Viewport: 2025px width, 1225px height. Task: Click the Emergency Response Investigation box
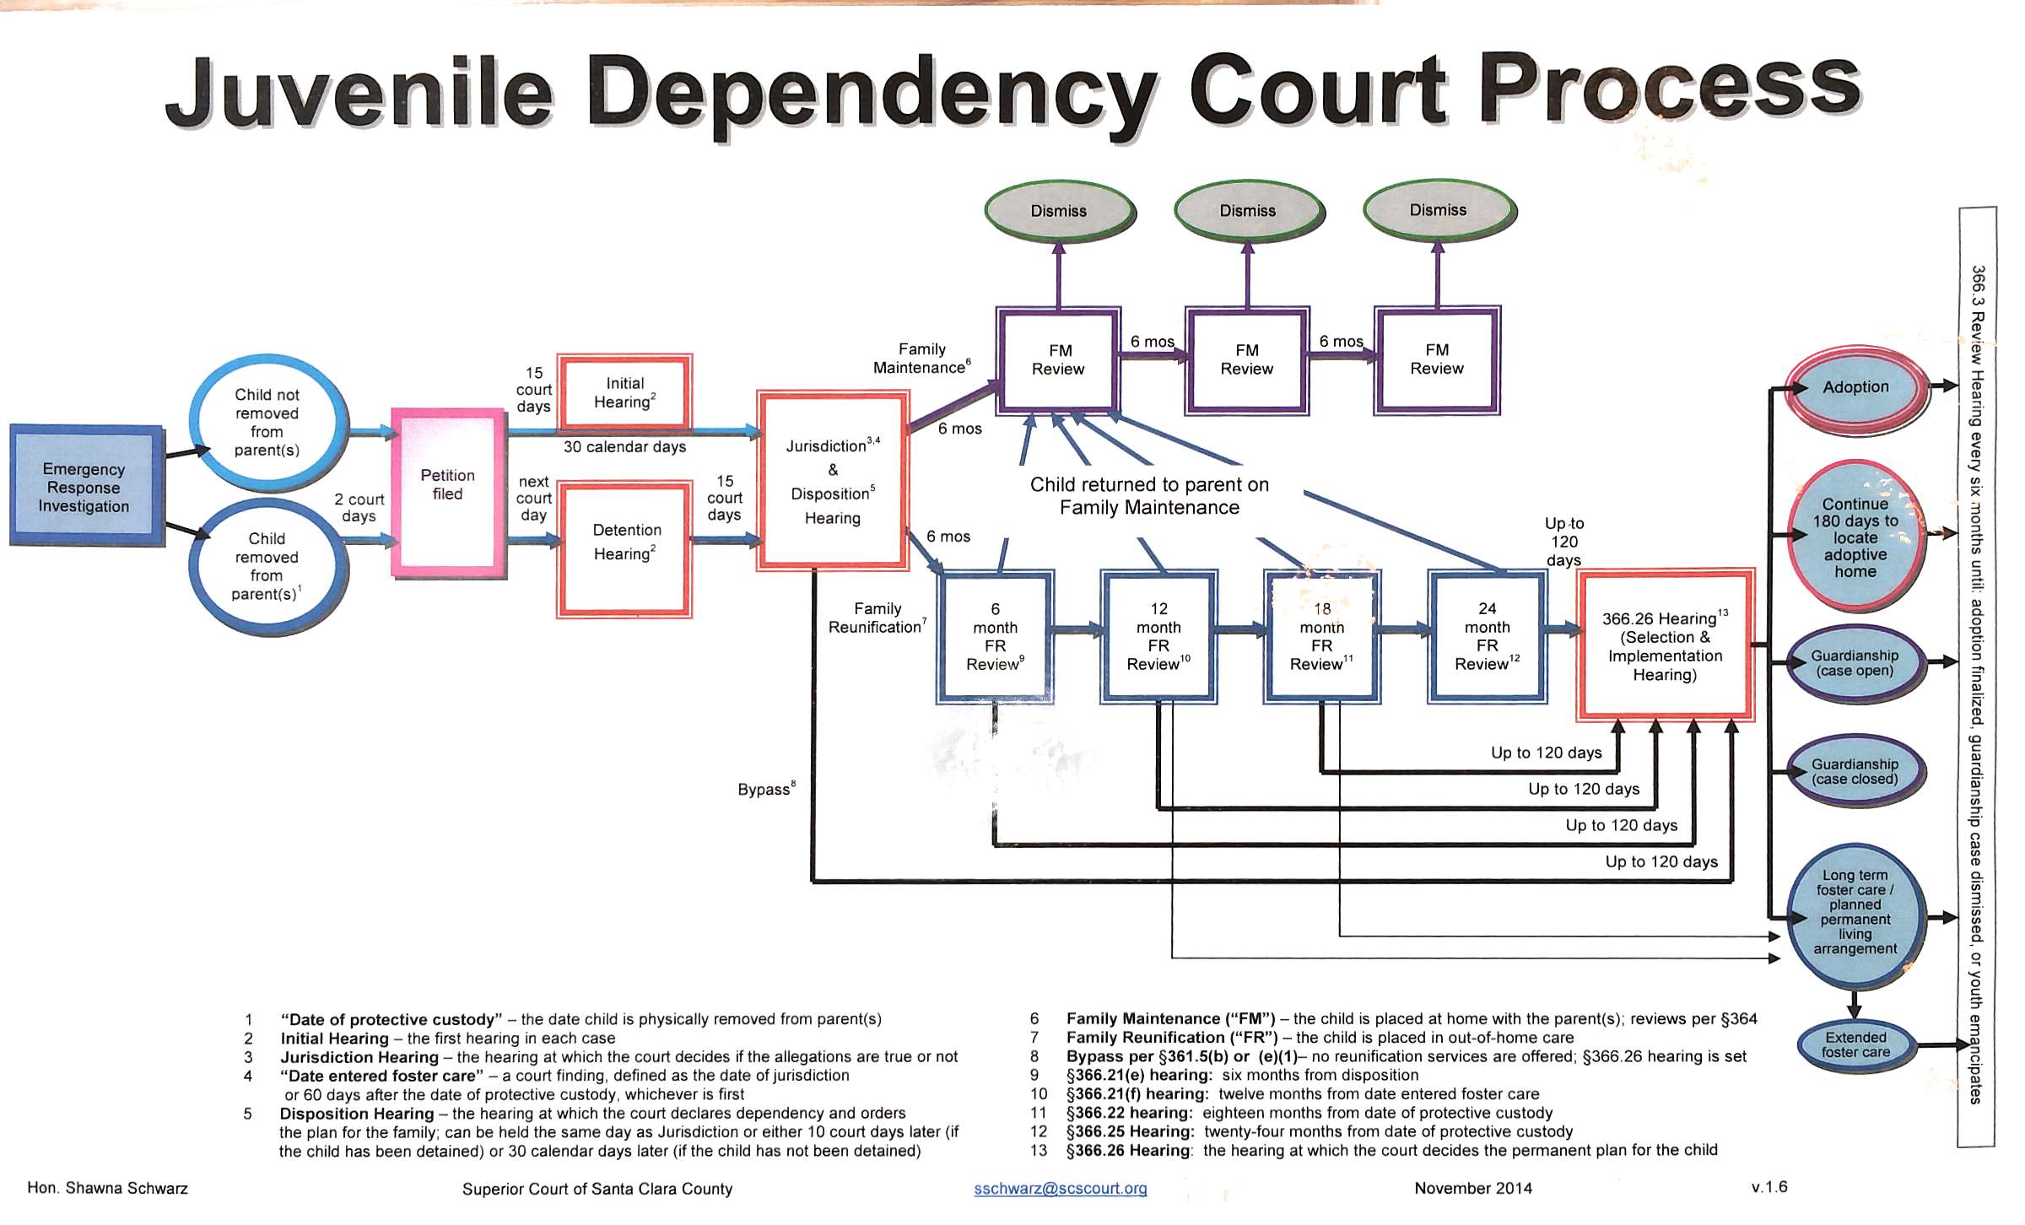pyautogui.click(x=85, y=487)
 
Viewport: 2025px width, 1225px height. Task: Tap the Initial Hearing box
pyautogui.click(x=624, y=393)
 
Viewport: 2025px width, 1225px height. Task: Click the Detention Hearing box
pyautogui.click(x=625, y=548)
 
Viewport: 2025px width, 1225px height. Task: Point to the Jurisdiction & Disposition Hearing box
pyautogui.click(x=833, y=481)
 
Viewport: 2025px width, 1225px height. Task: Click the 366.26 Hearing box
pyautogui.click(x=1665, y=645)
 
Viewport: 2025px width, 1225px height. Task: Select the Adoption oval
pyautogui.click(x=1855, y=388)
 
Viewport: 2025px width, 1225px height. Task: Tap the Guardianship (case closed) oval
pyautogui.click(x=1855, y=771)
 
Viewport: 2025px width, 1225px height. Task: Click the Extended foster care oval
pyautogui.click(x=1855, y=1045)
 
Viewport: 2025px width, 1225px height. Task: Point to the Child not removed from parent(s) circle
pyautogui.click(x=267, y=422)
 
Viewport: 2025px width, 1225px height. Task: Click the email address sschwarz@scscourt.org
pyautogui.click(x=1060, y=1189)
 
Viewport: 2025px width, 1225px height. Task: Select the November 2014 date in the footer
pyautogui.click(x=1472, y=1189)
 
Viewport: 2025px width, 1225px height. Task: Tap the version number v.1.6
pyautogui.click(x=1769, y=1187)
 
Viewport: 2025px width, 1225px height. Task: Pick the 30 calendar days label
pyautogui.click(x=624, y=447)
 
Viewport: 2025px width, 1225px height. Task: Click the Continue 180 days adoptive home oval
pyautogui.click(x=1855, y=537)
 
